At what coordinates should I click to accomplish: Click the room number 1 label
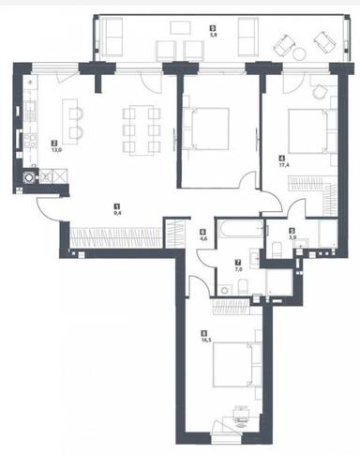[116, 205]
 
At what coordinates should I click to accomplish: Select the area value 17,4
[282, 164]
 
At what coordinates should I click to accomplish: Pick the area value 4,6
[202, 238]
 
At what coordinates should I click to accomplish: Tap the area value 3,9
[292, 238]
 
